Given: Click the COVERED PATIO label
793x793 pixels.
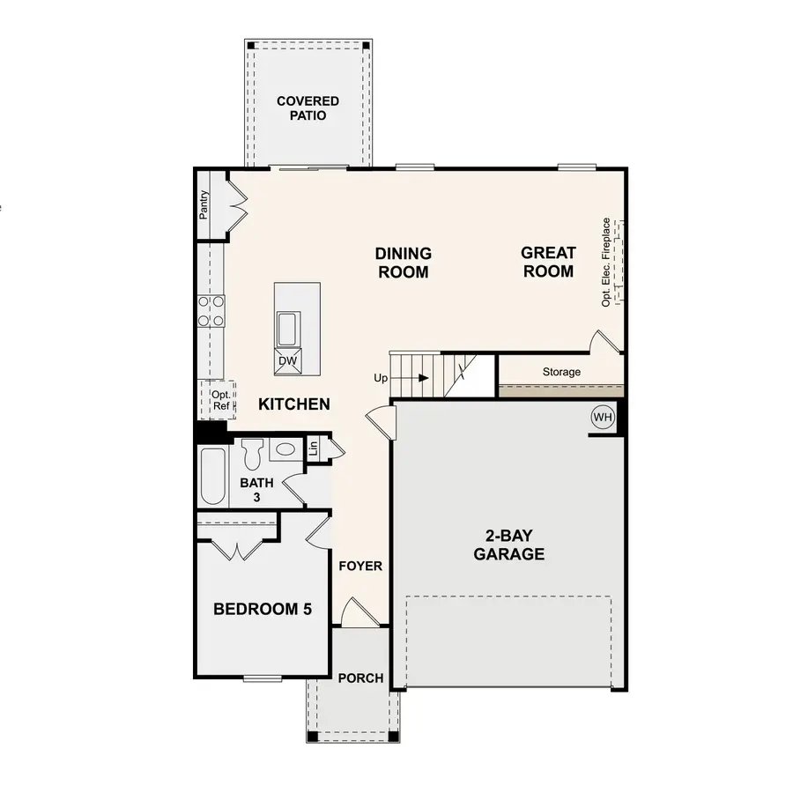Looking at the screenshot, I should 308,108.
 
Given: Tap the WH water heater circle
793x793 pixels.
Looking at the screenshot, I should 603,417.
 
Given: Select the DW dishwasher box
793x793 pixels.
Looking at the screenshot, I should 287,360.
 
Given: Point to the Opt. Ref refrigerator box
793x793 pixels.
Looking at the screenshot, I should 220,400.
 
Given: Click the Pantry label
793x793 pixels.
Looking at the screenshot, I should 204,204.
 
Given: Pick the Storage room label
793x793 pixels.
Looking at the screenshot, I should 561,372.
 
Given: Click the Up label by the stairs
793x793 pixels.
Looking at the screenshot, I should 381,378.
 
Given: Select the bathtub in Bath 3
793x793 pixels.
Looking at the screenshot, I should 212,476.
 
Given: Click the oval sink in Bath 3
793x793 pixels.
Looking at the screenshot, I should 285,449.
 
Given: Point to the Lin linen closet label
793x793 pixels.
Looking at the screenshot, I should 313,448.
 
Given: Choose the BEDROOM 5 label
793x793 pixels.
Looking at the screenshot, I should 263,609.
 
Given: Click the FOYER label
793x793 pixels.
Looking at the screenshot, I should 360,566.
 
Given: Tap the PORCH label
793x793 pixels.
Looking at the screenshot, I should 360,678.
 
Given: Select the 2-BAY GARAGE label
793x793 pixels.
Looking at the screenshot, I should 508,545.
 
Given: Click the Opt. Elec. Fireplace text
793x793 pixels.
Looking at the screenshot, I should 606,263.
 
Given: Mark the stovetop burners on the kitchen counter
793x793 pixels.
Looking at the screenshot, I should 212,311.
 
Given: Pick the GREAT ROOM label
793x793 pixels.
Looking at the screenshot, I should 548,263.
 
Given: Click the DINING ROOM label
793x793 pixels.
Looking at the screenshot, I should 404,263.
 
